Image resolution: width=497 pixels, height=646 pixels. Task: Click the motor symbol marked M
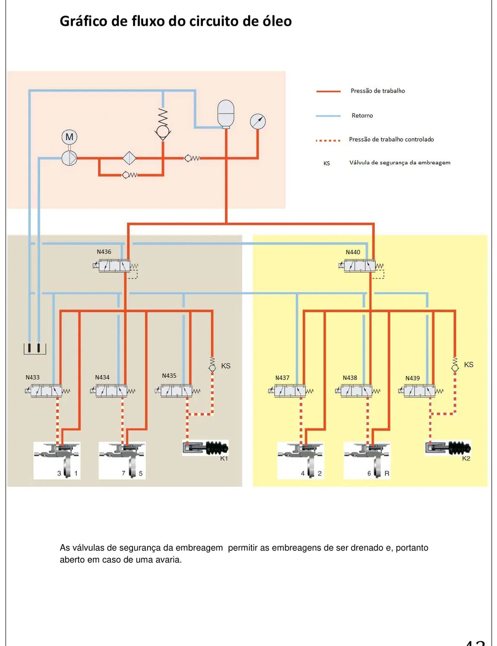click(x=69, y=137)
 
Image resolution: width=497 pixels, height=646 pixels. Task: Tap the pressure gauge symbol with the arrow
click(x=258, y=121)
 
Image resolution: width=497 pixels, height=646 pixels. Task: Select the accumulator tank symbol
click(x=226, y=114)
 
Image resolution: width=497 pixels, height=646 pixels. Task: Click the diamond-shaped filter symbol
click(x=130, y=158)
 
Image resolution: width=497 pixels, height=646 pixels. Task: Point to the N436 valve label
click(x=104, y=252)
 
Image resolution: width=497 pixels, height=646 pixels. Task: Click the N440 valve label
click(x=353, y=252)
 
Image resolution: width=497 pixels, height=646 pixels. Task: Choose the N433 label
click(x=33, y=377)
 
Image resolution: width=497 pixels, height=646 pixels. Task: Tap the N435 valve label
click(x=169, y=376)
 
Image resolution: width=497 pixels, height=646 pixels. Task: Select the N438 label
click(x=350, y=377)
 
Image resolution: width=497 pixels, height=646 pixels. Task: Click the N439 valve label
click(x=413, y=378)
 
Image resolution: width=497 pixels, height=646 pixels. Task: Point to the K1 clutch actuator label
click(x=224, y=458)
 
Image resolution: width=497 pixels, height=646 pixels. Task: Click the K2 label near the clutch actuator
click(x=466, y=458)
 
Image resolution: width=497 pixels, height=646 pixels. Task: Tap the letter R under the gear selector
click(x=387, y=473)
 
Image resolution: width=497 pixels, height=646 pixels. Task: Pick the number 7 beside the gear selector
click(x=123, y=473)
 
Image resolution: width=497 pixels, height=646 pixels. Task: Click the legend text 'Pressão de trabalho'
click(x=378, y=91)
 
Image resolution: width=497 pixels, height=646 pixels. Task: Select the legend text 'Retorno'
click(x=362, y=115)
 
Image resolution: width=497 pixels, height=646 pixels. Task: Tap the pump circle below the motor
click(x=69, y=158)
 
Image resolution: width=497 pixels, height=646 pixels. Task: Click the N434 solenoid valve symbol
click(x=111, y=391)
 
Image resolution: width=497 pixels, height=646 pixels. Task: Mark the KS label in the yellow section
click(x=468, y=365)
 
